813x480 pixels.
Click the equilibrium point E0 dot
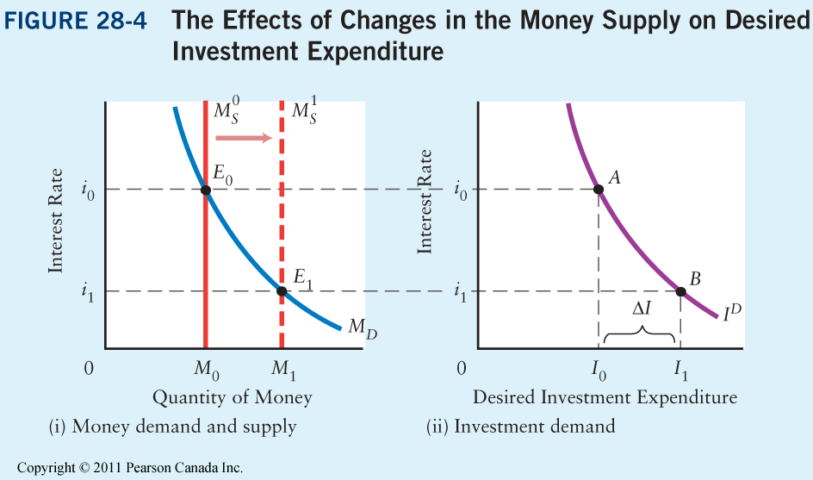(x=205, y=190)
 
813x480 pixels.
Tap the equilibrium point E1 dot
(x=282, y=291)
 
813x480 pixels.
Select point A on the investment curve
(x=599, y=190)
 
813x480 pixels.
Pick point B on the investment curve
(x=680, y=291)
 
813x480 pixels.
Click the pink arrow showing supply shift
(x=245, y=138)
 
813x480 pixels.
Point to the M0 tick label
(x=206, y=371)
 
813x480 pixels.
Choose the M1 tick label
(x=282, y=371)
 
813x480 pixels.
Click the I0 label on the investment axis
(x=599, y=371)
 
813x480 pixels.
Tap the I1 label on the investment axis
(x=681, y=371)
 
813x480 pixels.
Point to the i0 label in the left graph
(x=88, y=190)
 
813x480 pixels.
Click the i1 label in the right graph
(x=462, y=292)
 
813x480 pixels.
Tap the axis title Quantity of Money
(x=232, y=398)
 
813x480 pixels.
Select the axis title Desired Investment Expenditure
(x=605, y=398)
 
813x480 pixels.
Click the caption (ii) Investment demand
(x=521, y=427)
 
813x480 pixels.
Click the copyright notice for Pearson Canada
(x=130, y=468)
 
